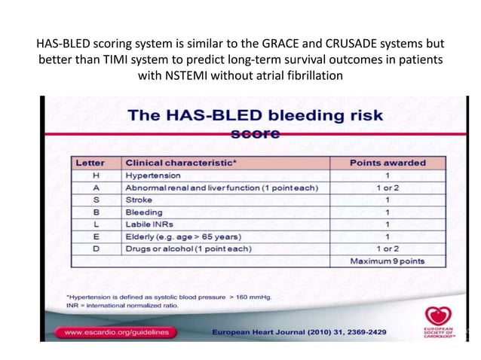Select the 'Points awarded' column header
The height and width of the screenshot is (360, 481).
(x=388, y=162)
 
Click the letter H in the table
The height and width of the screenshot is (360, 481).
(x=97, y=175)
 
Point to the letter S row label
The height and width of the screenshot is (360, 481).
(x=97, y=200)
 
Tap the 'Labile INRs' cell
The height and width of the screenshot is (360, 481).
(x=149, y=224)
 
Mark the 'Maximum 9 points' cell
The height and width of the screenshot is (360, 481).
(x=388, y=261)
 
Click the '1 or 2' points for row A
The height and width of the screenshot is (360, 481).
(x=388, y=188)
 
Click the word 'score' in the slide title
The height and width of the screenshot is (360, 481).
(x=254, y=134)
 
